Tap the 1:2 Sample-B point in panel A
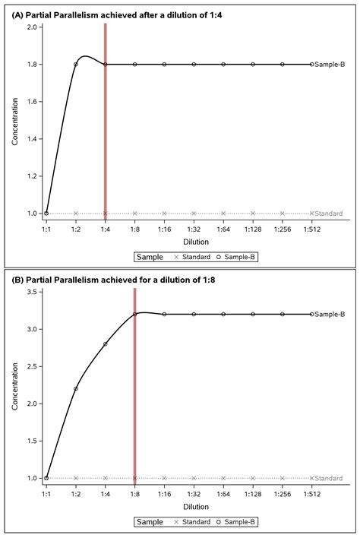coord(76,65)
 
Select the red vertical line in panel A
coord(106,122)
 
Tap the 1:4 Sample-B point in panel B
coord(106,343)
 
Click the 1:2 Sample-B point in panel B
coord(76,388)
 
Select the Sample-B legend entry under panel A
coord(238,258)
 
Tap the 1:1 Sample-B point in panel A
coord(46,214)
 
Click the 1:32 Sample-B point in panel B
coord(194,314)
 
